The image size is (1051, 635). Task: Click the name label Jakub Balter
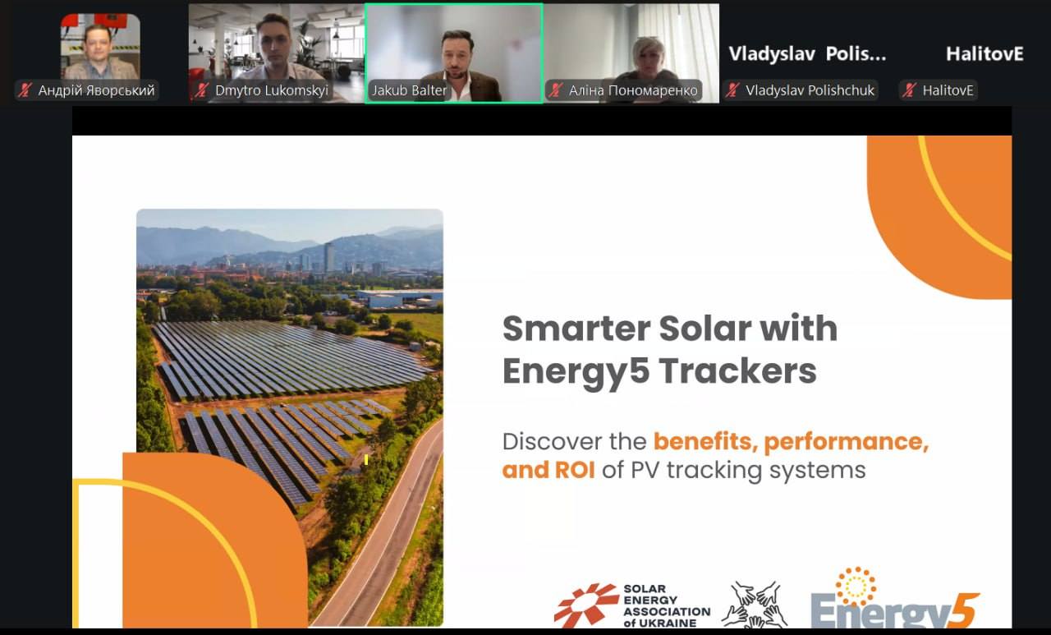(x=409, y=90)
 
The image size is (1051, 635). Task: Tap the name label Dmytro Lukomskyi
(x=272, y=90)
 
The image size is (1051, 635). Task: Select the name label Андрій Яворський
(x=96, y=90)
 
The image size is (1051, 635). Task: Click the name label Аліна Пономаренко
(x=633, y=90)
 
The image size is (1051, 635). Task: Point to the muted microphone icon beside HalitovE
(x=910, y=90)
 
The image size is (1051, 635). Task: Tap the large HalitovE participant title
(x=984, y=54)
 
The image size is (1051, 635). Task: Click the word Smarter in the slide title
(x=576, y=329)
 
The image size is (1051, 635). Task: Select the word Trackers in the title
(x=738, y=371)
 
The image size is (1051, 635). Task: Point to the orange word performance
(x=847, y=442)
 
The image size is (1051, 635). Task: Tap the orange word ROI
(x=575, y=470)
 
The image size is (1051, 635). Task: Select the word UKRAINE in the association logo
(x=672, y=623)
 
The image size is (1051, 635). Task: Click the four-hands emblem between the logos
(x=755, y=605)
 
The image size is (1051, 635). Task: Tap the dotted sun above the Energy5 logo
(x=856, y=587)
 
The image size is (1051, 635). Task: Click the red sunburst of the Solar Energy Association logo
(x=586, y=605)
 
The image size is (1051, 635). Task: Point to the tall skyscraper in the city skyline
(x=329, y=257)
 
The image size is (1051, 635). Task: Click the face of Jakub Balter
(x=454, y=58)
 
